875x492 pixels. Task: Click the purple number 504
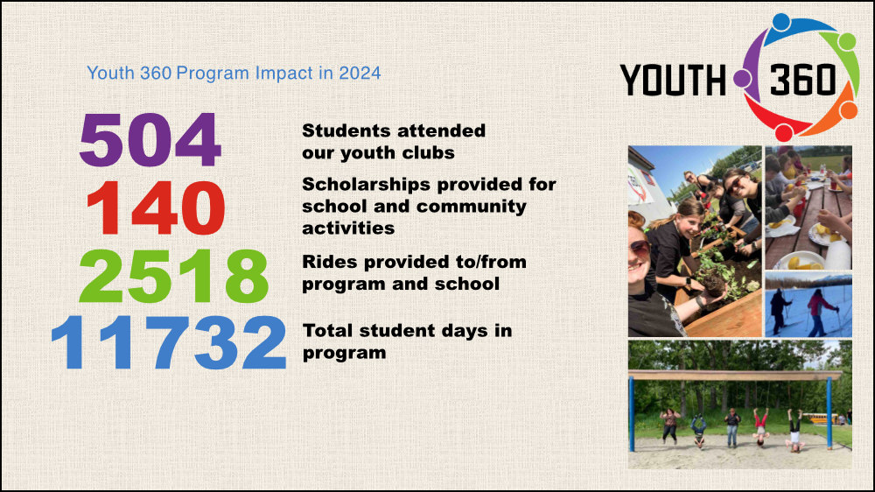[x=150, y=139]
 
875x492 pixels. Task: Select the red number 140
[x=156, y=208]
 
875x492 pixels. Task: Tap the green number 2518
[x=173, y=276]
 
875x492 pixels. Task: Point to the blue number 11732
[x=169, y=342]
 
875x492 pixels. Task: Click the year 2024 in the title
[x=360, y=74]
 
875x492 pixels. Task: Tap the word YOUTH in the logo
[x=672, y=80]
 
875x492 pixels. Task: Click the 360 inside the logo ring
[x=803, y=79]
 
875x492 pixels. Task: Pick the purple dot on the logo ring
[x=742, y=78]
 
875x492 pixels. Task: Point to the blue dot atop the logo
[x=781, y=22]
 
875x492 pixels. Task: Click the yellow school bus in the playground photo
[x=821, y=418]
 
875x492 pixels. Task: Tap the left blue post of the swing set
[x=632, y=414]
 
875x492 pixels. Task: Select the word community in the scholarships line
[x=472, y=207]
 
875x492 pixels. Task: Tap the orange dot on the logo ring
[x=848, y=109]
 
